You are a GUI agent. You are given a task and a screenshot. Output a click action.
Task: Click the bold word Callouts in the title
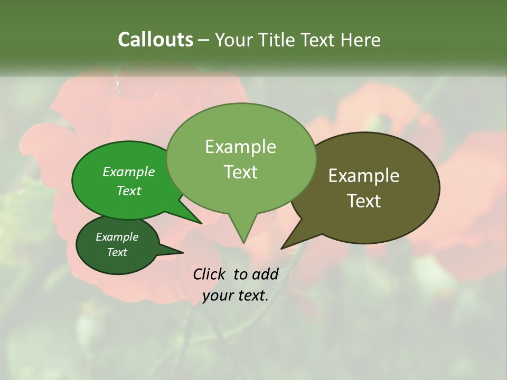155,40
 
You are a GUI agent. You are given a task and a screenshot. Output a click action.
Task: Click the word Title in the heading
278,40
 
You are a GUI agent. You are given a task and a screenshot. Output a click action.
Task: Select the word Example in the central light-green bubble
240,147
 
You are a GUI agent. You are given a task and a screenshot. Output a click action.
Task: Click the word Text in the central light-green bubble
240,172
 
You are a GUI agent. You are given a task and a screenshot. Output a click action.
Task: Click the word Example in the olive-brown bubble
364,176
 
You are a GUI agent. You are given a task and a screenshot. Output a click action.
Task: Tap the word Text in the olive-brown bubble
364,201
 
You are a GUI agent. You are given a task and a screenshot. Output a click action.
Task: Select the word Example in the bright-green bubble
128,172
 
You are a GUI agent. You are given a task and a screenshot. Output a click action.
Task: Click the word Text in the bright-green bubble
128,191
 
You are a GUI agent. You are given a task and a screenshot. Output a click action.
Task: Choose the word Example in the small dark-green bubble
117,237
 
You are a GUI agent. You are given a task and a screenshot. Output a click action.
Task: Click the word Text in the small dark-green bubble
117,252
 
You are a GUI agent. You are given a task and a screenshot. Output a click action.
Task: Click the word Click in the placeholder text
209,274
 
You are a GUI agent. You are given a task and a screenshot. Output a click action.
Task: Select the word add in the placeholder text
265,274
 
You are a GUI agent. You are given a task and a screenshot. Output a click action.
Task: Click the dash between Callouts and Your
204,40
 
